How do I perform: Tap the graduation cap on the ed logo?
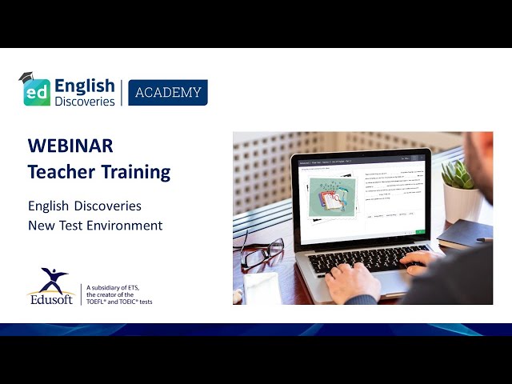click(x=29, y=78)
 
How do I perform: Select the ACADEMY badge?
click(x=168, y=93)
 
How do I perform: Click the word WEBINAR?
click(x=70, y=146)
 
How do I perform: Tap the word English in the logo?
click(x=85, y=85)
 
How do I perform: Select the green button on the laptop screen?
click(x=421, y=232)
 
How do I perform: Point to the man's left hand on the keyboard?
click(x=353, y=281)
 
